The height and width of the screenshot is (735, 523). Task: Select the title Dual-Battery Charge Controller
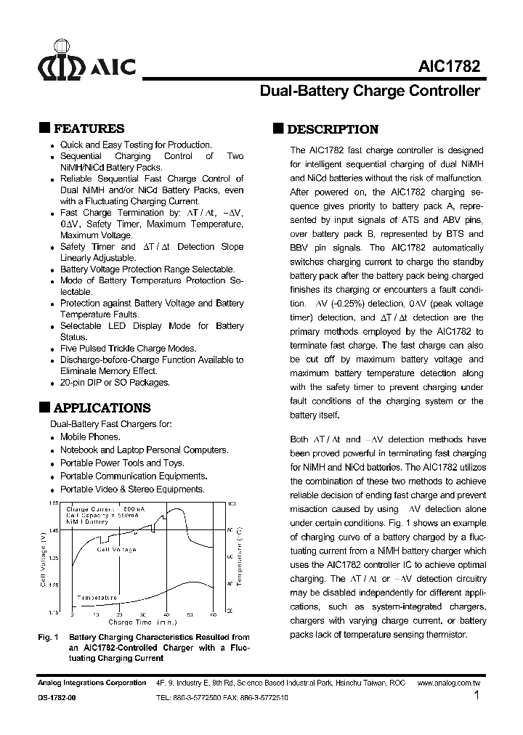(x=370, y=92)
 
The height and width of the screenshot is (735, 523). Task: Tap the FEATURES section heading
(x=89, y=129)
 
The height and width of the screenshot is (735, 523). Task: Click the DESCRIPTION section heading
(x=333, y=129)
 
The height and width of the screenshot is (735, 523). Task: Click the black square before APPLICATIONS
(x=44, y=407)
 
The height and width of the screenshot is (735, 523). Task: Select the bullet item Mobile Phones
(x=90, y=437)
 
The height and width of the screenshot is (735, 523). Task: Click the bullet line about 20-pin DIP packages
(x=115, y=383)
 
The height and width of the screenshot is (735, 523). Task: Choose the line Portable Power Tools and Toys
(x=122, y=463)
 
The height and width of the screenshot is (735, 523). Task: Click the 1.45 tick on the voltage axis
(x=54, y=530)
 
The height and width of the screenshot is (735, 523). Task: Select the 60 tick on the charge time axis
(x=214, y=614)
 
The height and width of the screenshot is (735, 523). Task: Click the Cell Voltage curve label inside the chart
(x=116, y=550)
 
